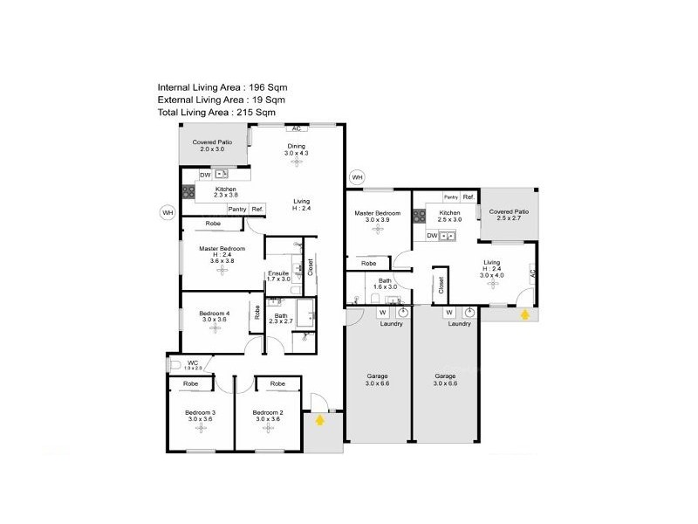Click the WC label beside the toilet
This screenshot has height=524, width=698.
point(194,362)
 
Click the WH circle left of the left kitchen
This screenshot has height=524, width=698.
point(168,212)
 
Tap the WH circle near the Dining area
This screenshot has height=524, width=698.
point(356,177)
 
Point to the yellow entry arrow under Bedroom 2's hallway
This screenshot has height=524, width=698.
point(320,420)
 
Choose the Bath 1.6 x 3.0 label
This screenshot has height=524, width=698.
point(385,283)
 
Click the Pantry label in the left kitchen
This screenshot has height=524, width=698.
point(236,209)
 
